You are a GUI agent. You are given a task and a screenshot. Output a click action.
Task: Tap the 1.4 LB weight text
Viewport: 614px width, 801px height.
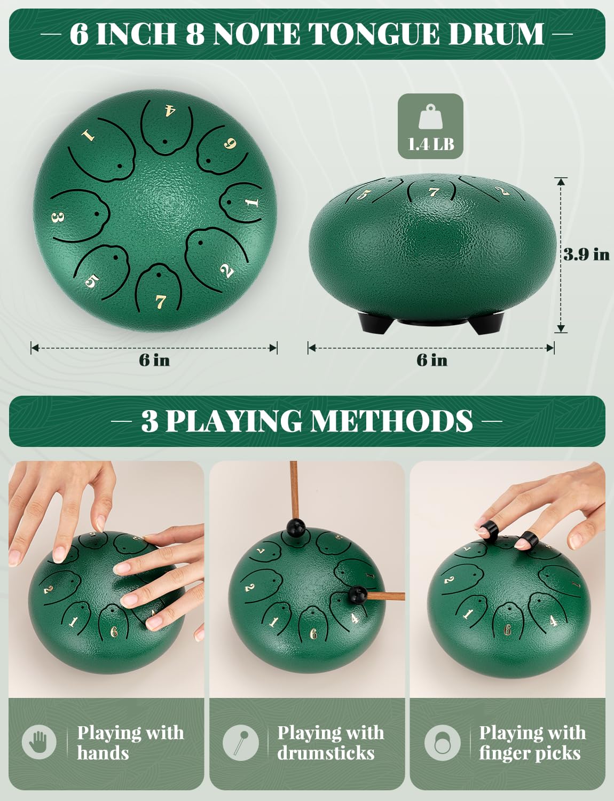(x=430, y=144)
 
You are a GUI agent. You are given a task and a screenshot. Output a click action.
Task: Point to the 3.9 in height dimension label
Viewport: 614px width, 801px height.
(x=586, y=254)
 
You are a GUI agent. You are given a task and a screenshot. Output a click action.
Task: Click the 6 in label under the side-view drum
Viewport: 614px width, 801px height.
(x=431, y=360)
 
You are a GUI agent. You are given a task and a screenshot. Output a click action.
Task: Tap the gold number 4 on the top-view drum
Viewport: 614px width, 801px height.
(x=169, y=111)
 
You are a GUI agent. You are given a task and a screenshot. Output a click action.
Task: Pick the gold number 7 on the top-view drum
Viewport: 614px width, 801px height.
(x=161, y=302)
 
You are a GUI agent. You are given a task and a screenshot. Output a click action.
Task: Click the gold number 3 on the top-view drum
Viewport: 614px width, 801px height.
(x=58, y=218)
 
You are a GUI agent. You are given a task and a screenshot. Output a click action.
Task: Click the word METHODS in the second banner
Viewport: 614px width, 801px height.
(x=392, y=421)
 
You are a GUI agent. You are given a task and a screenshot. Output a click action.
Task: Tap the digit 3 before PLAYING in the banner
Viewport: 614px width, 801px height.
(x=150, y=421)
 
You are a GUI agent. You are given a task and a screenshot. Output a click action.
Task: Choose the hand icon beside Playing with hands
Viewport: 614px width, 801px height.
(x=39, y=742)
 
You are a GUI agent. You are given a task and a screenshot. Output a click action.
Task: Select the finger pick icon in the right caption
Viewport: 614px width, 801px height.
(x=442, y=742)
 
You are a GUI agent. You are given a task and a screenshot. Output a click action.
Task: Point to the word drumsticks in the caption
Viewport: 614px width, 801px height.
(x=326, y=753)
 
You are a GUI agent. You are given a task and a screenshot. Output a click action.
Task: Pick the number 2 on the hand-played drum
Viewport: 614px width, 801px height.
(x=48, y=590)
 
